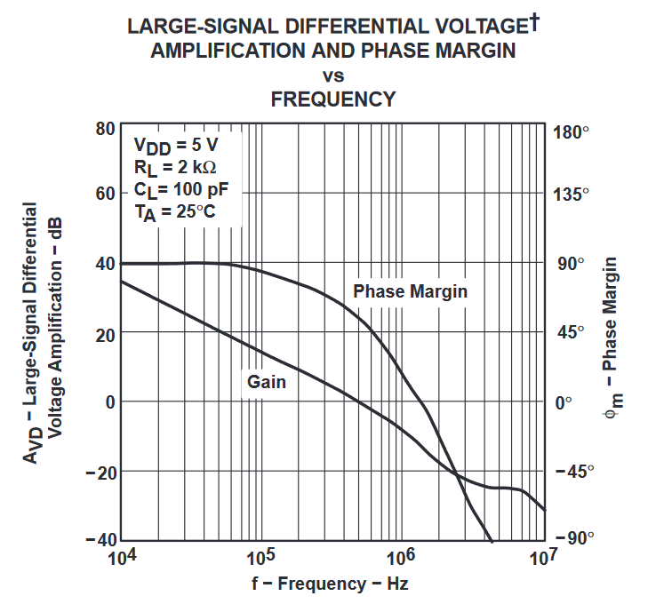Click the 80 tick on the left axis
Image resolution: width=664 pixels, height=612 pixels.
(105, 128)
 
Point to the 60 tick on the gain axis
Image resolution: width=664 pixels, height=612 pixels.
(105, 194)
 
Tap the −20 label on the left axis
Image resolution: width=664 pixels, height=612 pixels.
(100, 471)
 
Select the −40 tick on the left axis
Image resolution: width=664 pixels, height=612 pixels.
(100, 539)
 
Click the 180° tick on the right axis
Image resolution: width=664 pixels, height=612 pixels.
(571, 133)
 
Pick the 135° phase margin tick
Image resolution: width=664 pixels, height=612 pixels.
(571, 195)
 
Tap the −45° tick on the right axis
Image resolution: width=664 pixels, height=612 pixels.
(571, 471)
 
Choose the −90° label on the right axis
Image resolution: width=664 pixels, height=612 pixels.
(571, 538)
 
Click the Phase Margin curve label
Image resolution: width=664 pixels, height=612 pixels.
(410, 291)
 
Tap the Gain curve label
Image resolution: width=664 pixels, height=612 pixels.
(266, 382)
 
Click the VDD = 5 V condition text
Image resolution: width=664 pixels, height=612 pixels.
(175, 145)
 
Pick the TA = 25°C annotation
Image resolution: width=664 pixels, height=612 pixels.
(174, 211)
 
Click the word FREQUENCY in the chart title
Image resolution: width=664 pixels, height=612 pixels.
(332, 99)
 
